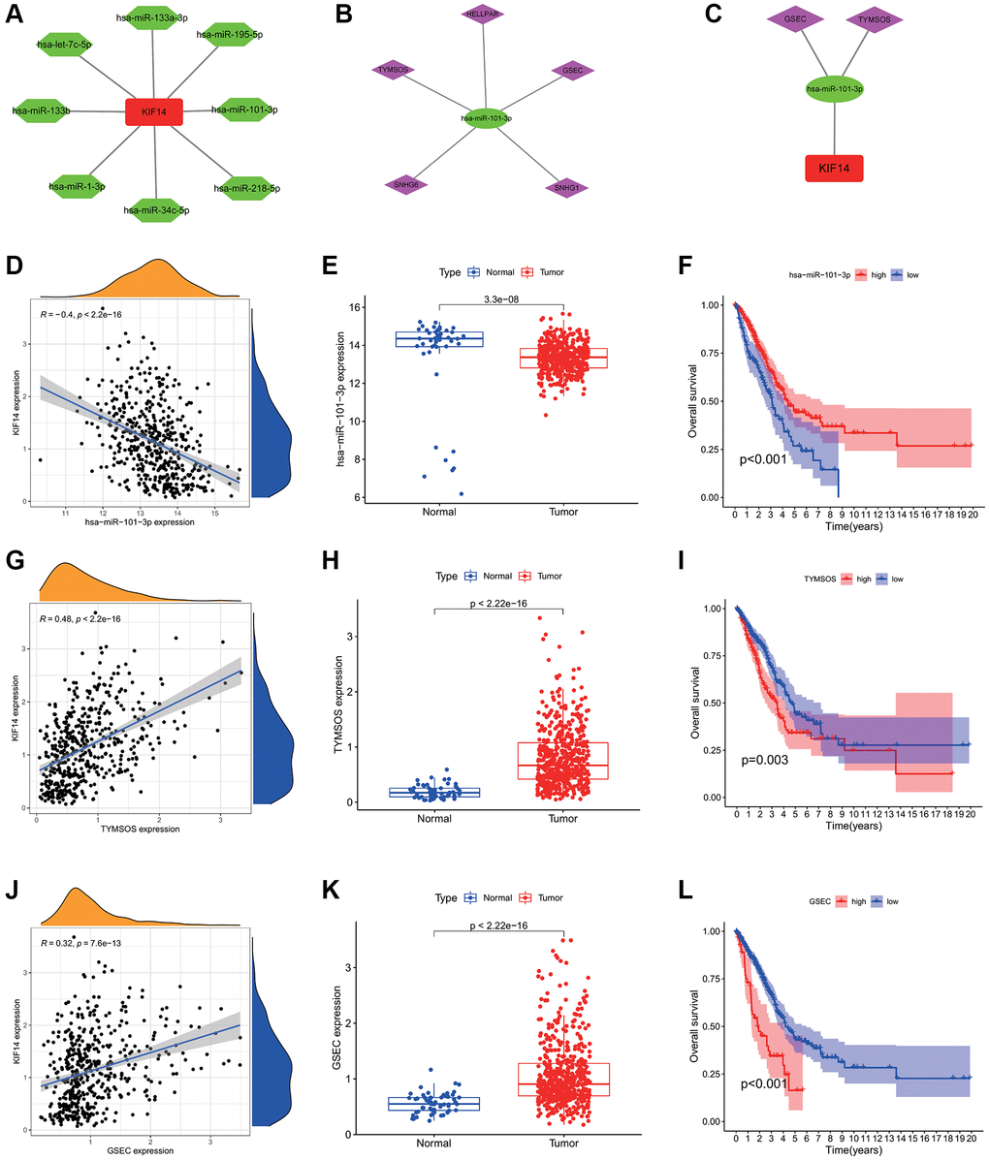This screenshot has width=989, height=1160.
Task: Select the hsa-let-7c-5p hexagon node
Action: (x=64, y=45)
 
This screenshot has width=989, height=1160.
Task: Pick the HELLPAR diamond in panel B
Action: (x=486, y=16)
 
